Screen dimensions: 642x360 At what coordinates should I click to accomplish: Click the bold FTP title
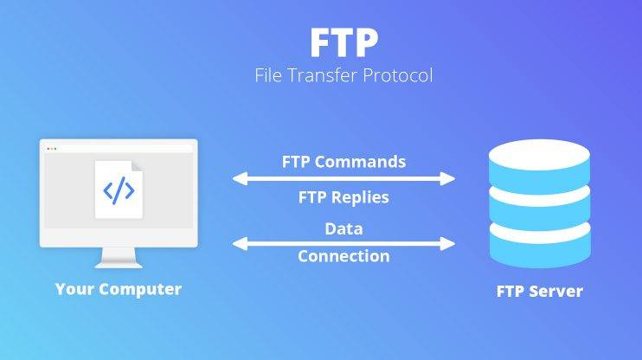(x=344, y=42)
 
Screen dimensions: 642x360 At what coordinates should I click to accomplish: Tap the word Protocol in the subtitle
(x=397, y=75)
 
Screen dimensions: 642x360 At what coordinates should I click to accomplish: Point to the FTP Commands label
(x=344, y=162)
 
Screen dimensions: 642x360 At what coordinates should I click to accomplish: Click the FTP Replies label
(x=344, y=197)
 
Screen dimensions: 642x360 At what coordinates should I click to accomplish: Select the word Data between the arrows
(x=344, y=228)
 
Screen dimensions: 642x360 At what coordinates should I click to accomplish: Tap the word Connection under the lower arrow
(x=344, y=256)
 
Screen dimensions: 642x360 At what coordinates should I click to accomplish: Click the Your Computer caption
(x=119, y=289)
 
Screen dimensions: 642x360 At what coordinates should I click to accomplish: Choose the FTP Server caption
(x=540, y=291)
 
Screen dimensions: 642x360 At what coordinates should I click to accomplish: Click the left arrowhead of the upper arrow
(x=240, y=178)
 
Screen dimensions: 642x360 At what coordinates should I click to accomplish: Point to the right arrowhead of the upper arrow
(x=447, y=178)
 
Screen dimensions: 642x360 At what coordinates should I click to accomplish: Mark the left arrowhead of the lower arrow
(x=240, y=244)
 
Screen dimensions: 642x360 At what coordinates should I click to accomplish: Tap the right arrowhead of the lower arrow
(x=447, y=244)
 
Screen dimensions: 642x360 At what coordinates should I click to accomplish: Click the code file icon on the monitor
(x=119, y=190)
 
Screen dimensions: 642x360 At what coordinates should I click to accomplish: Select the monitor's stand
(x=119, y=258)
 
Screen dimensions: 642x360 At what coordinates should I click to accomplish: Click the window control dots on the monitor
(x=52, y=149)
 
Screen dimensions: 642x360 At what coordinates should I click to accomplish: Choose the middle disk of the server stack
(x=540, y=208)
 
